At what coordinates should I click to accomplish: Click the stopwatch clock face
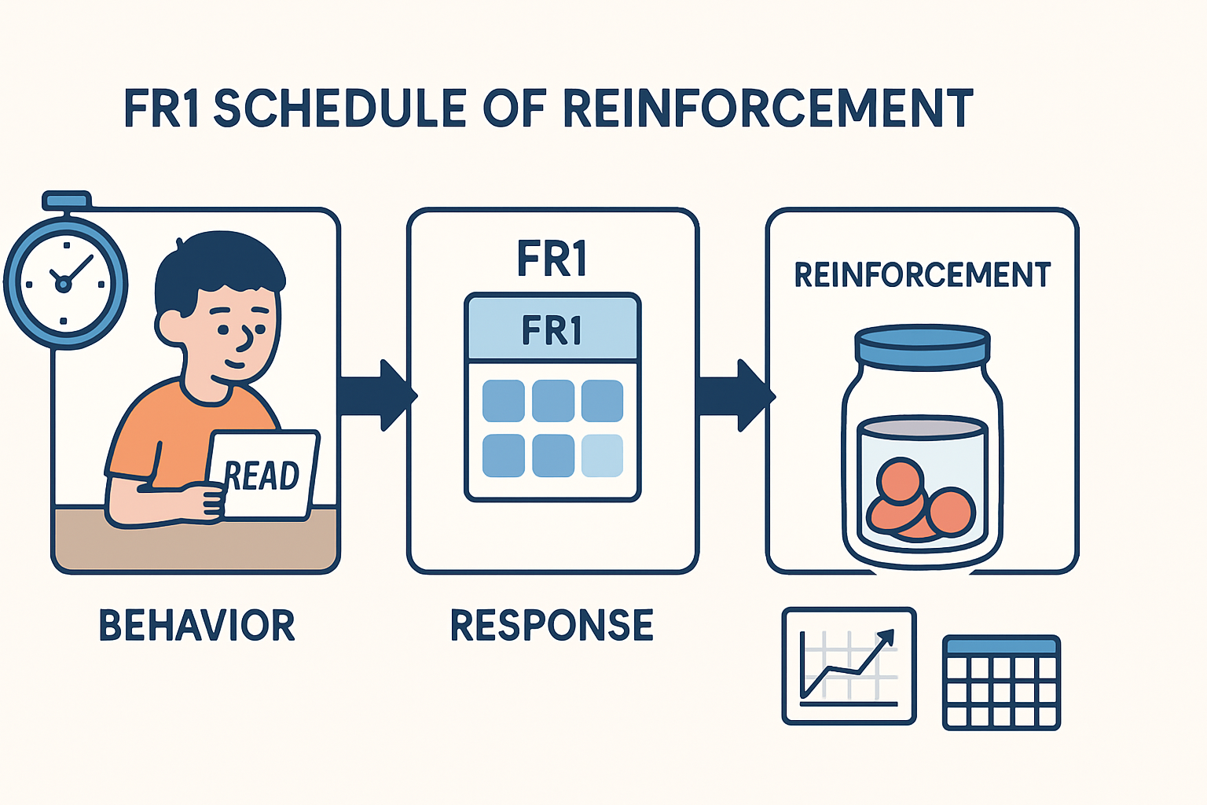pyautogui.click(x=65, y=281)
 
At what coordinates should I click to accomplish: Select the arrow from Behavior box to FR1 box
pyautogui.click(x=376, y=395)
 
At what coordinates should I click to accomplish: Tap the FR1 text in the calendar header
pyautogui.click(x=552, y=331)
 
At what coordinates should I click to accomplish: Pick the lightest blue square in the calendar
pyautogui.click(x=602, y=456)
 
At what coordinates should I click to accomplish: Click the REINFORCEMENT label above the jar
pyautogui.click(x=922, y=275)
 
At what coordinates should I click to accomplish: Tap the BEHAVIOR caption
pyautogui.click(x=196, y=626)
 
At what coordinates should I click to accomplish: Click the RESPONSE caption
pyautogui.click(x=552, y=626)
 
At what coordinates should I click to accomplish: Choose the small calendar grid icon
pyautogui.click(x=1001, y=682)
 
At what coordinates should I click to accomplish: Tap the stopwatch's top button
pyautogui.click(x=66, y=200)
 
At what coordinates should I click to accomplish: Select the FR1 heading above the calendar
pyautogui.click(x=552, y=259)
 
